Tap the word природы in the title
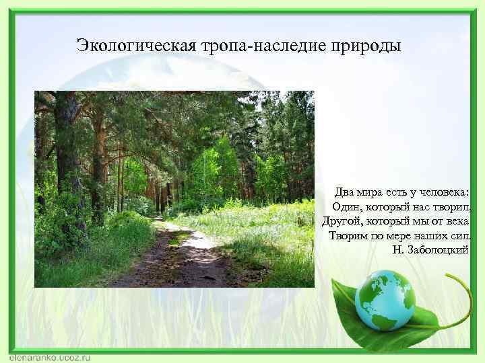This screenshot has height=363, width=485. point(364,46)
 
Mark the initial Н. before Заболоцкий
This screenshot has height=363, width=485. point(397,250)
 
